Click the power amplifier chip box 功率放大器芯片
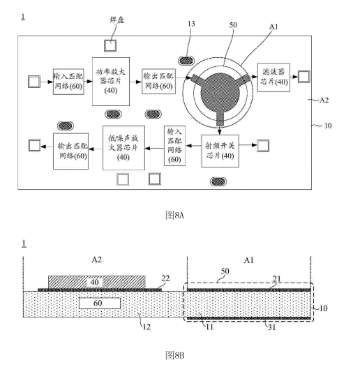tap(111, 82)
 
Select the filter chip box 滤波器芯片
tap(273, 77)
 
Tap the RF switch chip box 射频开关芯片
tap(220, 151)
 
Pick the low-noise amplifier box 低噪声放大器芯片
tap(123, 148)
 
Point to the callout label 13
tap(191, 24)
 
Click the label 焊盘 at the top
tap(117, 20)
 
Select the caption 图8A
tap(174, 216)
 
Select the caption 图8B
tap(174, 355)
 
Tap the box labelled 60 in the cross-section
tap(100, 303)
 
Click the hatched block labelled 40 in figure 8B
tap(96, 282)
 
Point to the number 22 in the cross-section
tap(165, 278)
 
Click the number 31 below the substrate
tap(271, 327)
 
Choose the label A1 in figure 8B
tap(249, 260)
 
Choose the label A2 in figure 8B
tap(96, 260)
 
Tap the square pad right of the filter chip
tap(304, 77)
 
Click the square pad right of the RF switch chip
tap(263, 146)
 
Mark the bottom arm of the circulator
tap(220, 119)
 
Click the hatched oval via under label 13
tap(186, 61)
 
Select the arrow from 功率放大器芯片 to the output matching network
tap(136, 82)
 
